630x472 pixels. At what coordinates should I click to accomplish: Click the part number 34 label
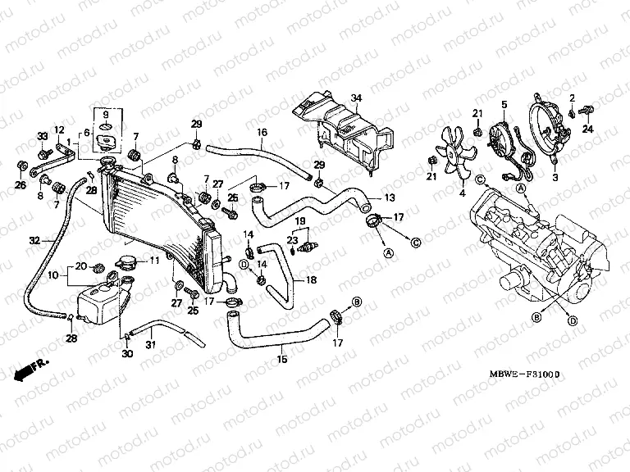pos(356,98)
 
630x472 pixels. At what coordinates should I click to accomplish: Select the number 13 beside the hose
pos(389,197)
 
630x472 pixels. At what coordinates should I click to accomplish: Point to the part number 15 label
pos(282,359)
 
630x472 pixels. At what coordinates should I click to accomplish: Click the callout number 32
pos(34,241)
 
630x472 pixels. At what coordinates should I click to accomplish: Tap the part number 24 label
pos(587,129)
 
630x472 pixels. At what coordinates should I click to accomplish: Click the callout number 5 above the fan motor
pos(504,104)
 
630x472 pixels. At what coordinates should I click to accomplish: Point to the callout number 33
pos(42,136)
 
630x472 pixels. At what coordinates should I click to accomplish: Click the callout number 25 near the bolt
pos(193,311)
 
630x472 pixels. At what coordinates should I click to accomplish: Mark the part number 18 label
pos(310,279)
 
